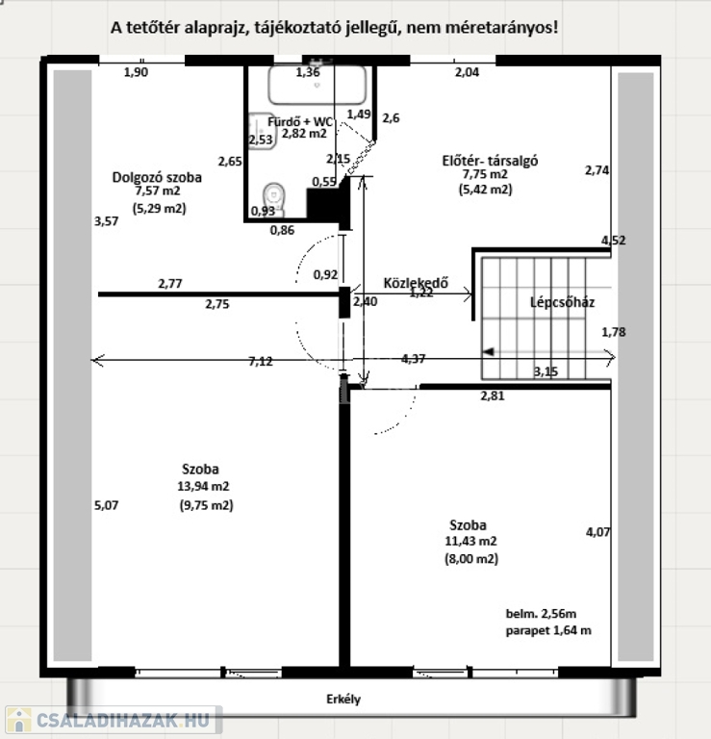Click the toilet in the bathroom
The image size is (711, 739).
pyautogui.click(x=274, y=198)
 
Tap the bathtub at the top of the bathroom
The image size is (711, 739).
pyautogui.click(x=317, y=85)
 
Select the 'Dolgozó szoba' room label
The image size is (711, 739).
pyautogui.click(x=157, y=178)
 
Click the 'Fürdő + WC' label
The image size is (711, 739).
pyautogui.click(x=300, y=121)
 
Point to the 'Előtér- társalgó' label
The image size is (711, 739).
pyautogui.click(x=490, y=161)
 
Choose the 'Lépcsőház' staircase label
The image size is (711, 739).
pyautogui.click(x=562, y=302)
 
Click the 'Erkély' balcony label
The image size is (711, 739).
pyautogui.click(x=343, y=699)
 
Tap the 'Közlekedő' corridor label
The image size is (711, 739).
pyautogui.click(x=416, y=282)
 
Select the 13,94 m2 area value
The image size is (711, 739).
pyautogui.click(x=204, y=486)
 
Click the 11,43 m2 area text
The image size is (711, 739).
pyautogui.click(x=470, y=541)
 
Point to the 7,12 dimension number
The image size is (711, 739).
pyautogui.click(x=261, y=362)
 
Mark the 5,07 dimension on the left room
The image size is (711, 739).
pyautogui.click(x=107, y=505)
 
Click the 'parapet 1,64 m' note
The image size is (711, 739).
pyautogui.click(x=548, y=630)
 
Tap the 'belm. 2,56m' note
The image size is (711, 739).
pyautogui.click(x=541, y=614)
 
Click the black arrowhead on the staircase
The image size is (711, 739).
pyautogui.click(x=488, y=352)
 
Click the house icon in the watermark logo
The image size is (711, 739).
pyautogui.click(x=19, y=720)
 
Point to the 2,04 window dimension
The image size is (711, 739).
pyautogui.click(x=467, y=72)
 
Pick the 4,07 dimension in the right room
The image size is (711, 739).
pyautogui.click(x=597, y=532)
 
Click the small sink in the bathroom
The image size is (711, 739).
pyautogui.click(x=262, y=131)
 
